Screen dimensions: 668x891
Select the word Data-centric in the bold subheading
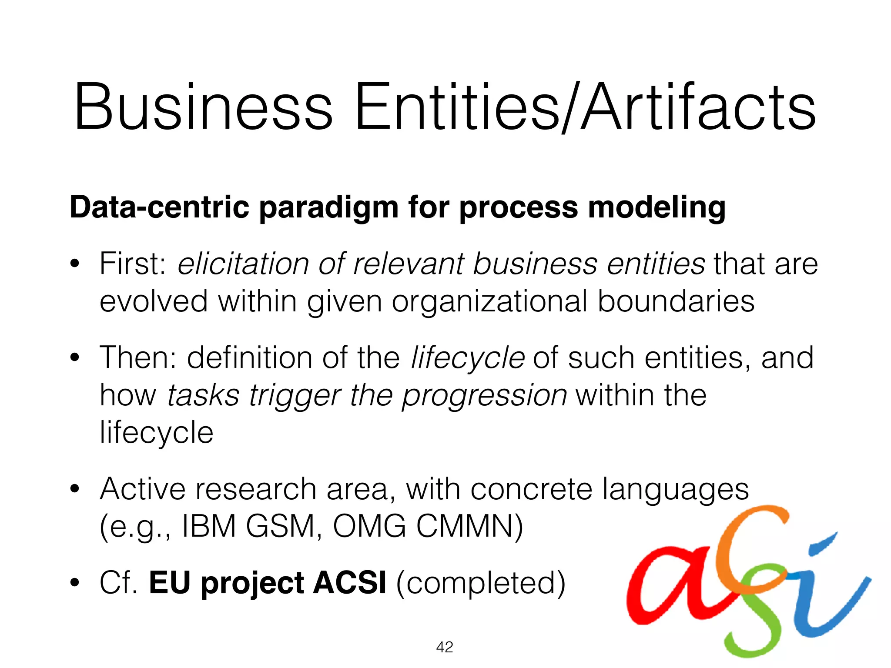159,207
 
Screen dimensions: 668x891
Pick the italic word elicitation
243,264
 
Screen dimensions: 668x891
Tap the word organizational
489,301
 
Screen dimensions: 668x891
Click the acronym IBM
209,527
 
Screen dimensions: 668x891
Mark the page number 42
444,647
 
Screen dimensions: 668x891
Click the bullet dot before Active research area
75,489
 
